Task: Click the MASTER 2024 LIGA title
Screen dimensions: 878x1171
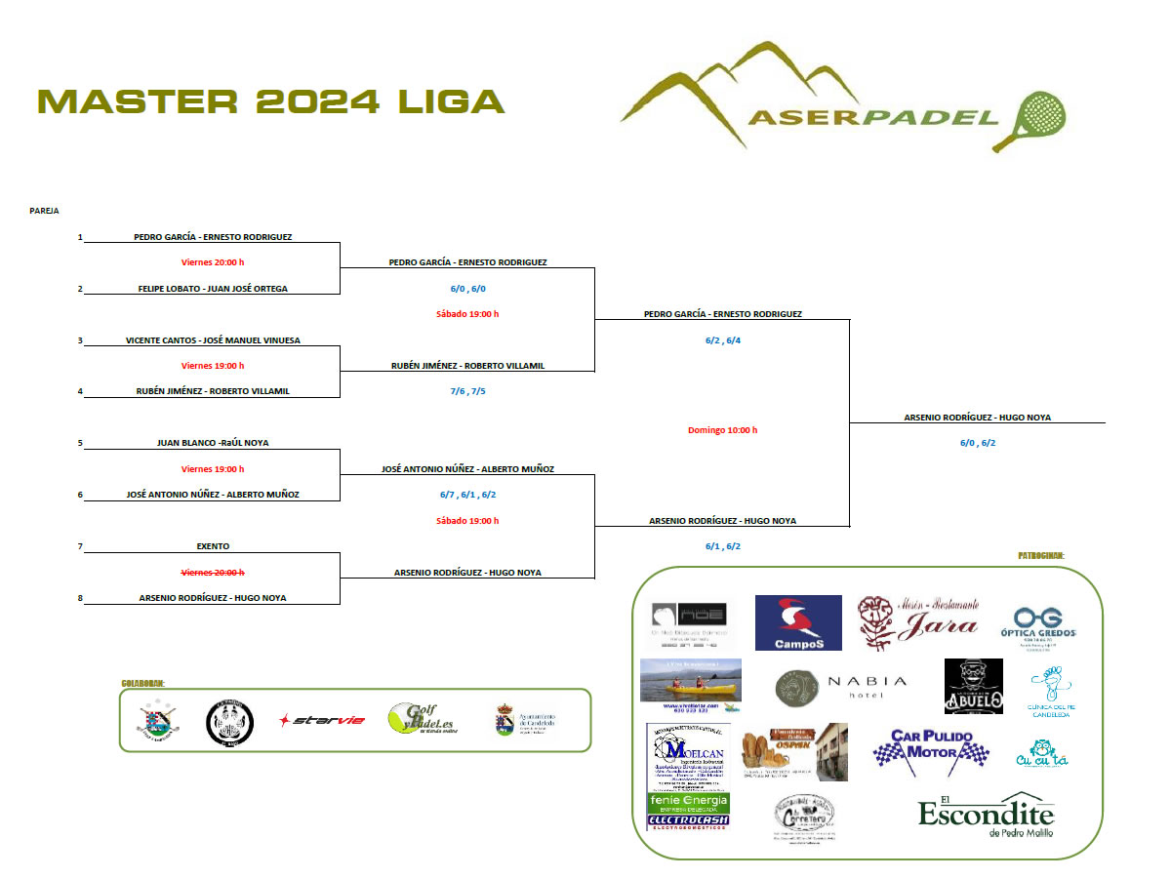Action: coord(271,101)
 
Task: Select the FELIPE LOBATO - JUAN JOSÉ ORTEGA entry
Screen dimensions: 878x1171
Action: coord(213,289)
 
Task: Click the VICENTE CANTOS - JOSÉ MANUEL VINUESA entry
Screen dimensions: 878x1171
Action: coord(213,340)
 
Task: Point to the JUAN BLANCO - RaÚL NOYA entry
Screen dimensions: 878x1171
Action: coord(213,443)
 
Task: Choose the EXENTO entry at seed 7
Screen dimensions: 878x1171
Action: coord(213,546)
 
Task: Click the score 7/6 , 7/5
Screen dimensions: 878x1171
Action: coord(467,391)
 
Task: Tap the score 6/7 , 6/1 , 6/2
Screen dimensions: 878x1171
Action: coord(467,495)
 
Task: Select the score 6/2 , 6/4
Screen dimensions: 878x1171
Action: coord(723,340)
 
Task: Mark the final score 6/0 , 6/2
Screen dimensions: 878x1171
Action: coord(978,443)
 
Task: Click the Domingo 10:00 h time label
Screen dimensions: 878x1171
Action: coord(723,430)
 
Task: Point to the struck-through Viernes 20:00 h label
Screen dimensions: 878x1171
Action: coord(213,572)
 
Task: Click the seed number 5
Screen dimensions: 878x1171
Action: coord(81,443)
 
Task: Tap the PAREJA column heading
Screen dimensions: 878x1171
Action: coord(44,211)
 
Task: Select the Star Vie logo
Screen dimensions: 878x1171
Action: coord(322,721)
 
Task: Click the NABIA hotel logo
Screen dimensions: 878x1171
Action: coord(840,686)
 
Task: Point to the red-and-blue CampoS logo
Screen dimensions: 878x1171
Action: coord(798,622)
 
